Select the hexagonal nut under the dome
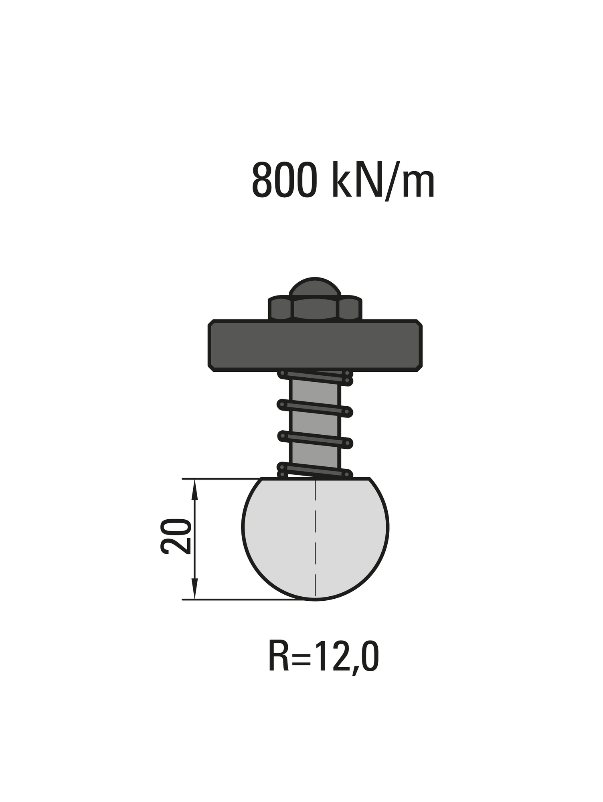coord(315,309)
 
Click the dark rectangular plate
coord(315,346)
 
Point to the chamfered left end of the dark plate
coord(211,346)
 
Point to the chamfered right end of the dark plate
coord(419,346)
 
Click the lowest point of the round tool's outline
coord(316,600)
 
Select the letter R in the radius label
coord(278,656)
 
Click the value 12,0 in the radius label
coord(346,656)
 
